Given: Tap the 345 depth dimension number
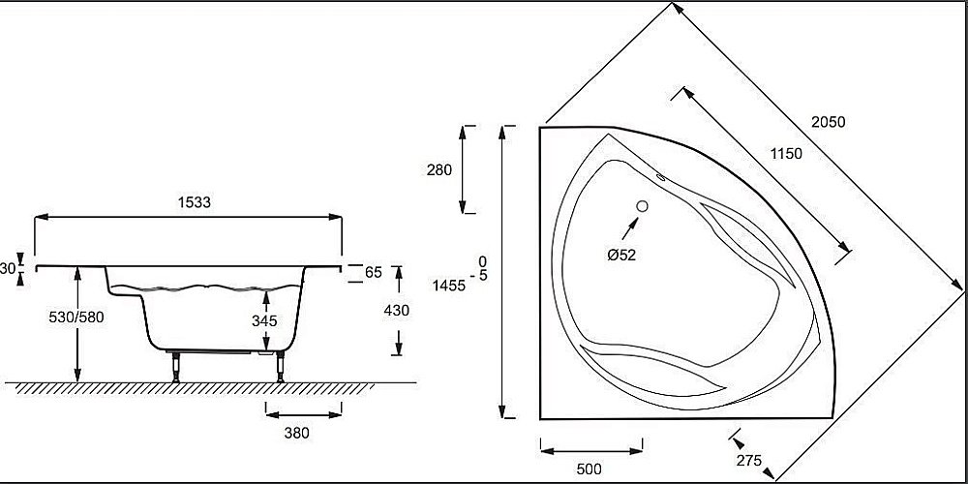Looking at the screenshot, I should (263, 319).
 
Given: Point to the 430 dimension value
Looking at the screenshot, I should (396, 310).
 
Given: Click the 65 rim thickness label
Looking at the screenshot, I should (373, 272).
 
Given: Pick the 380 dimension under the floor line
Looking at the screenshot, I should (296, 433).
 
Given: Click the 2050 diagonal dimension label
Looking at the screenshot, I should (828, 122).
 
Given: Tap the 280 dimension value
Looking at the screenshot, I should (439, 169).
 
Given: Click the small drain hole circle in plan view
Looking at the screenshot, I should (642, 205).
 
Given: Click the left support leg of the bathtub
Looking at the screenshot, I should (176, 367).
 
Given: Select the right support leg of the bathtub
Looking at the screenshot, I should (280, 367).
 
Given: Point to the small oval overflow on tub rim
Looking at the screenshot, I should (663, 177).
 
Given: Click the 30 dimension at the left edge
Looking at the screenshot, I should (8, 268).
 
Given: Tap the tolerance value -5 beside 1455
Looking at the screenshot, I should (482, 278).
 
